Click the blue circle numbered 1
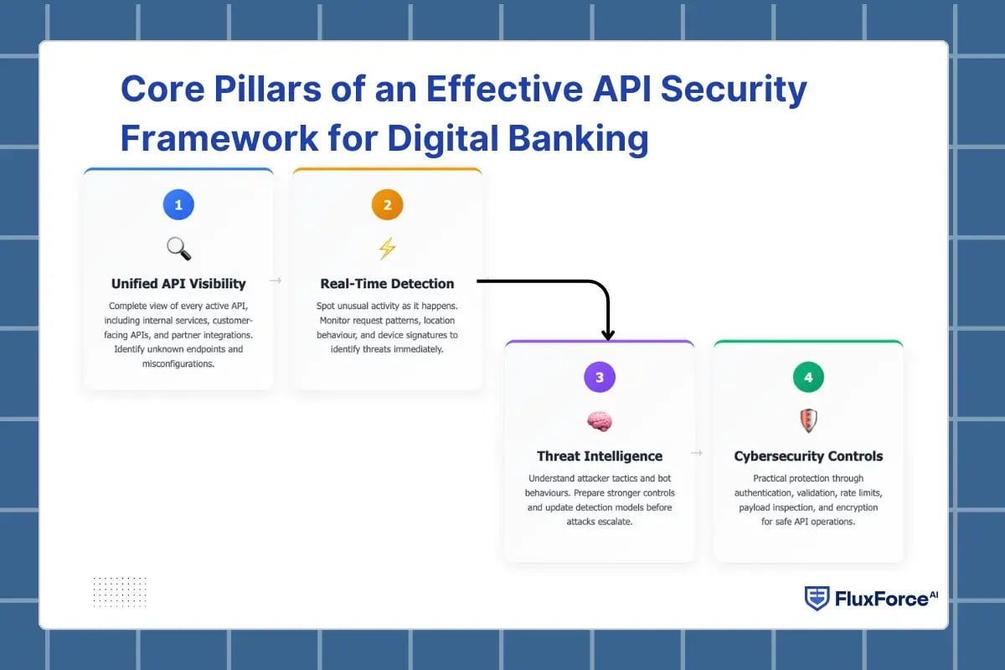[x=178, y=205]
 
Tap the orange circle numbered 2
[x=387, y=205]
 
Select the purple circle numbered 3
[x=600, y=378]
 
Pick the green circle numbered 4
[x=808, y=378]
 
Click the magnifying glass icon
[x=178, y=249]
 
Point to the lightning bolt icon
[x=387, y=249]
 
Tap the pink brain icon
[x=600, y=421]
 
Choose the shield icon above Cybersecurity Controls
[x=808, y=420]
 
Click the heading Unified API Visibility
[x=178, y=284]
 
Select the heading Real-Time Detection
[x=387, y=284]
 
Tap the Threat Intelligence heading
[x=600, y=456]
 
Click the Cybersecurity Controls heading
[x=808, y=456]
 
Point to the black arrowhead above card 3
[x=608, y=334]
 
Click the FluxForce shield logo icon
[x=817, y=598]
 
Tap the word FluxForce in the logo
[x=880, y=599]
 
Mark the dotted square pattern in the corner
[x=120, y=591]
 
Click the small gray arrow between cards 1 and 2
[x=275, y=281]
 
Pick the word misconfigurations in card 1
[x=178, y=363]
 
